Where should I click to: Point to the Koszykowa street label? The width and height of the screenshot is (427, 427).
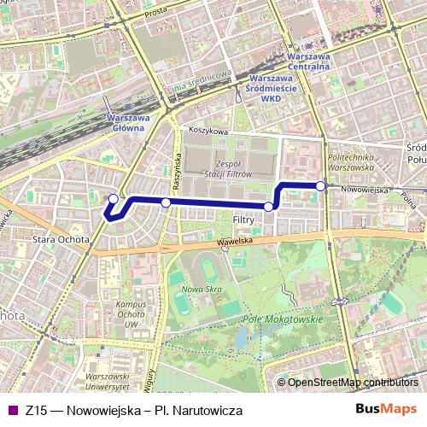pos(210,132)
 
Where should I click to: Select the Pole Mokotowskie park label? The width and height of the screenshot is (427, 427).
pos(283,319)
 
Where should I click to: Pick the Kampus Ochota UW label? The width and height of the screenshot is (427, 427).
pos(131,314)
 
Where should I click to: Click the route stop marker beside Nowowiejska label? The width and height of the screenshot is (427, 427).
pos(320,185)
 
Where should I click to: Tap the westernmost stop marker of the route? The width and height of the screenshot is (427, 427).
pos(113,200)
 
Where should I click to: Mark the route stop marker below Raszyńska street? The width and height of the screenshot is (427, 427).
pos(166,202)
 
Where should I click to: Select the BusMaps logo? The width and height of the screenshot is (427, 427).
pos(386,410)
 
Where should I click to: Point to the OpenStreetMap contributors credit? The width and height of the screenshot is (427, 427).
pos(353,383)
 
